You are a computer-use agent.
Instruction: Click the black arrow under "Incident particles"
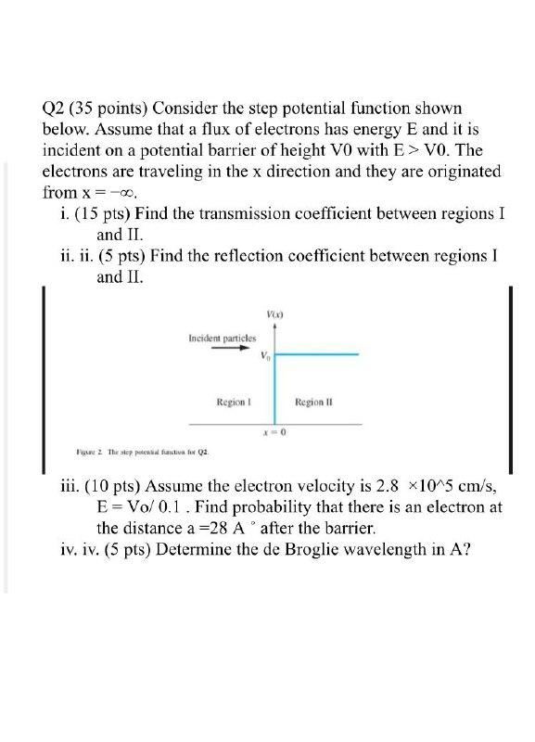click(x=222, y=351)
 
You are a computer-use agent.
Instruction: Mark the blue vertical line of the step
click(x=275, y=390)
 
